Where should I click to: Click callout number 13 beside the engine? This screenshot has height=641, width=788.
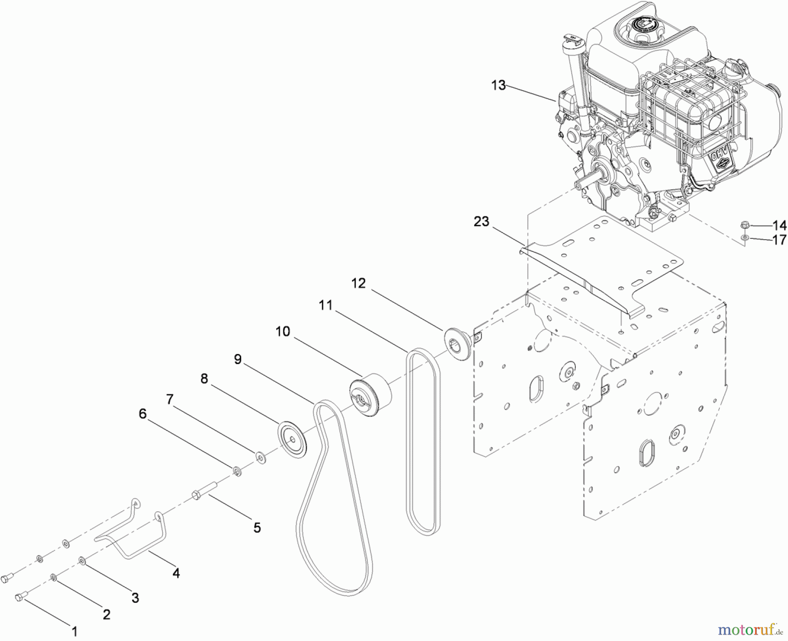pyautogui.click(x=498, y=85)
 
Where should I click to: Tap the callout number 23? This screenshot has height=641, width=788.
pyautogui.click(x=481, y=222)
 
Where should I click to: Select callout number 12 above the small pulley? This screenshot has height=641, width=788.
pyautogui.click(x=358, y=283)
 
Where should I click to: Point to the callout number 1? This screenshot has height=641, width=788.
pyautogui.click(x=74, y=631)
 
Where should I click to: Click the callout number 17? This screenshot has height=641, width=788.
pyautogui.click(x=779, y=240)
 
